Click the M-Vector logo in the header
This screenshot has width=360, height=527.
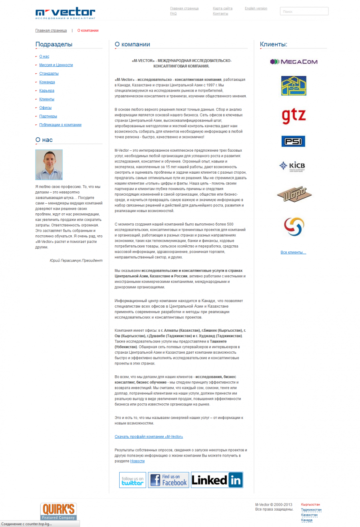pyautogui.click(x=65, y=13)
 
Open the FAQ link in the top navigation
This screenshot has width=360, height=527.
pyautogui.click(x=173, y=14)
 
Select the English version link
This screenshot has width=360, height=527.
pyautogui.click(x=256, y=8)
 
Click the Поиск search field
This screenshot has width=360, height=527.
pyautogui.click(x=304, y=12)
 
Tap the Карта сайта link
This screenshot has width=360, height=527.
pyautogui.click(x=222, y=8)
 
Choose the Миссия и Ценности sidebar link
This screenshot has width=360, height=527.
pyautogui.click(x=56, y=65)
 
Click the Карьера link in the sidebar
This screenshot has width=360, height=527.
pyautogui.click(x=47, y=91)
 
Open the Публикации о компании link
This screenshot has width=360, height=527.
pyautogui.click(x=60, y=125)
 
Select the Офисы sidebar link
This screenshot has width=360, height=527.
pyautogui.click(x=45, y=108)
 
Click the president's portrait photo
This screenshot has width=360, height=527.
pyautogui.click(x=49, y=165)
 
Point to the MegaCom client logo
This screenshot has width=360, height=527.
pyautogui.click(x=294, y=62)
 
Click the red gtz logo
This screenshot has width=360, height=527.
pyautogui.click(x=294, y=116)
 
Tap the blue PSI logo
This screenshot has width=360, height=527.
pyautogui.click(x=293, y=141)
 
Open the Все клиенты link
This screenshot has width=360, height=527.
pyautogui.click(x=293, y=252)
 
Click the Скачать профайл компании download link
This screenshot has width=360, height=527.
pyautogui.click(x=149, y=437)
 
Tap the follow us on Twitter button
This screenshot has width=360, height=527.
pyautogui.click(x=133, y=480)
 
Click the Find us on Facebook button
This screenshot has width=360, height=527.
pyautogui.click(x=168, y=480)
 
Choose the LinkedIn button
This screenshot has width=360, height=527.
pyautogui.click(x=217, y=480)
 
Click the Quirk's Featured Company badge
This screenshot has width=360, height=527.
pyautogui.click(x=58, y=511)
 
